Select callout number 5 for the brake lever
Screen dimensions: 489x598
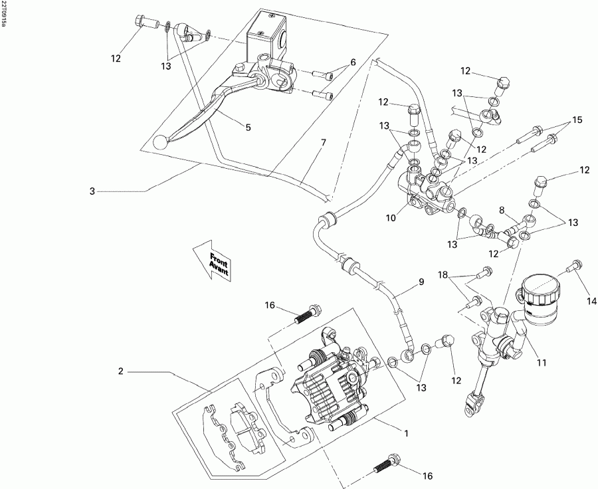coord(248,127)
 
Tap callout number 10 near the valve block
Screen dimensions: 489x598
coord(391,217)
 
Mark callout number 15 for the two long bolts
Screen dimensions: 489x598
coord(577,120)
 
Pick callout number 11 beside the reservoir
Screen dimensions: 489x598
coord(542,363)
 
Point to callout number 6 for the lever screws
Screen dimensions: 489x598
coord(353,62)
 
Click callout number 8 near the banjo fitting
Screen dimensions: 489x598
coord(502,209)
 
